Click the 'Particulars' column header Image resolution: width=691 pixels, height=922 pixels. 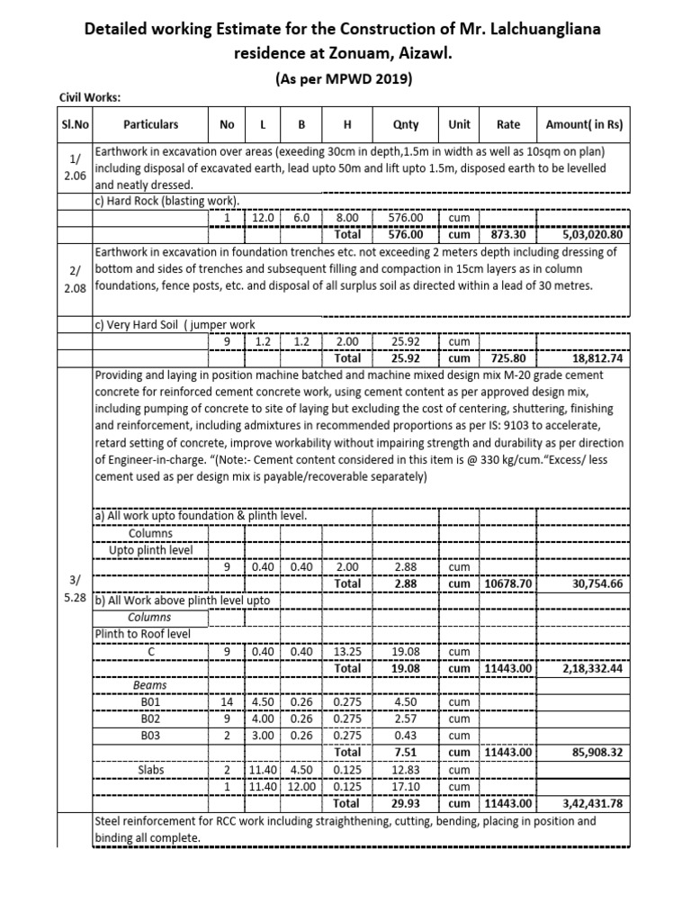[x=150, y=124]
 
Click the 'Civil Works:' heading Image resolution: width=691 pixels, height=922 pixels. [x=90, y=98]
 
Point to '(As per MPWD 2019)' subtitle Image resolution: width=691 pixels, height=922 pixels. [x=345, y=78]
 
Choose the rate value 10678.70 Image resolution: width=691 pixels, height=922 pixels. [x=508, y=583]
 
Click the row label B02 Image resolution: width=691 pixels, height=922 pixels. [x=150, y=719]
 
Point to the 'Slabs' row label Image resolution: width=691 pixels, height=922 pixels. [x=150, y=770]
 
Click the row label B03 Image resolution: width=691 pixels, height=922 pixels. [x=150, y=736]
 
